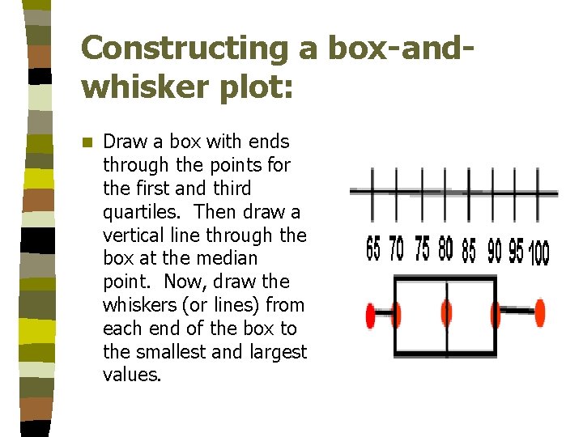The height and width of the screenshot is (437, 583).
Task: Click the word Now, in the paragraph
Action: coord(189,282)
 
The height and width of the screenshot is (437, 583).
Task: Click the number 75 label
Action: coord(422,249)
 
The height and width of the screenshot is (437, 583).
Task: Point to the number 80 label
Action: coord(445,250)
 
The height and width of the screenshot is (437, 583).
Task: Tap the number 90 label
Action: coord(494,252)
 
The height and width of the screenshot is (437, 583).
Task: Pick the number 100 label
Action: coord(539,255)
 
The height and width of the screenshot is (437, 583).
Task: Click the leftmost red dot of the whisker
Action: coord(371,313)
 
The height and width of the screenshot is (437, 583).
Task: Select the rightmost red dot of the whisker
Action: coord(540,312)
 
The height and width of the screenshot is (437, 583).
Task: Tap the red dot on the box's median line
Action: coord(446,312)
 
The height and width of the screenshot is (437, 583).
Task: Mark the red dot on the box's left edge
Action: coord(396,313)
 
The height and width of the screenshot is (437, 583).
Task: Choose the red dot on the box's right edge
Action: coord(496,313)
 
